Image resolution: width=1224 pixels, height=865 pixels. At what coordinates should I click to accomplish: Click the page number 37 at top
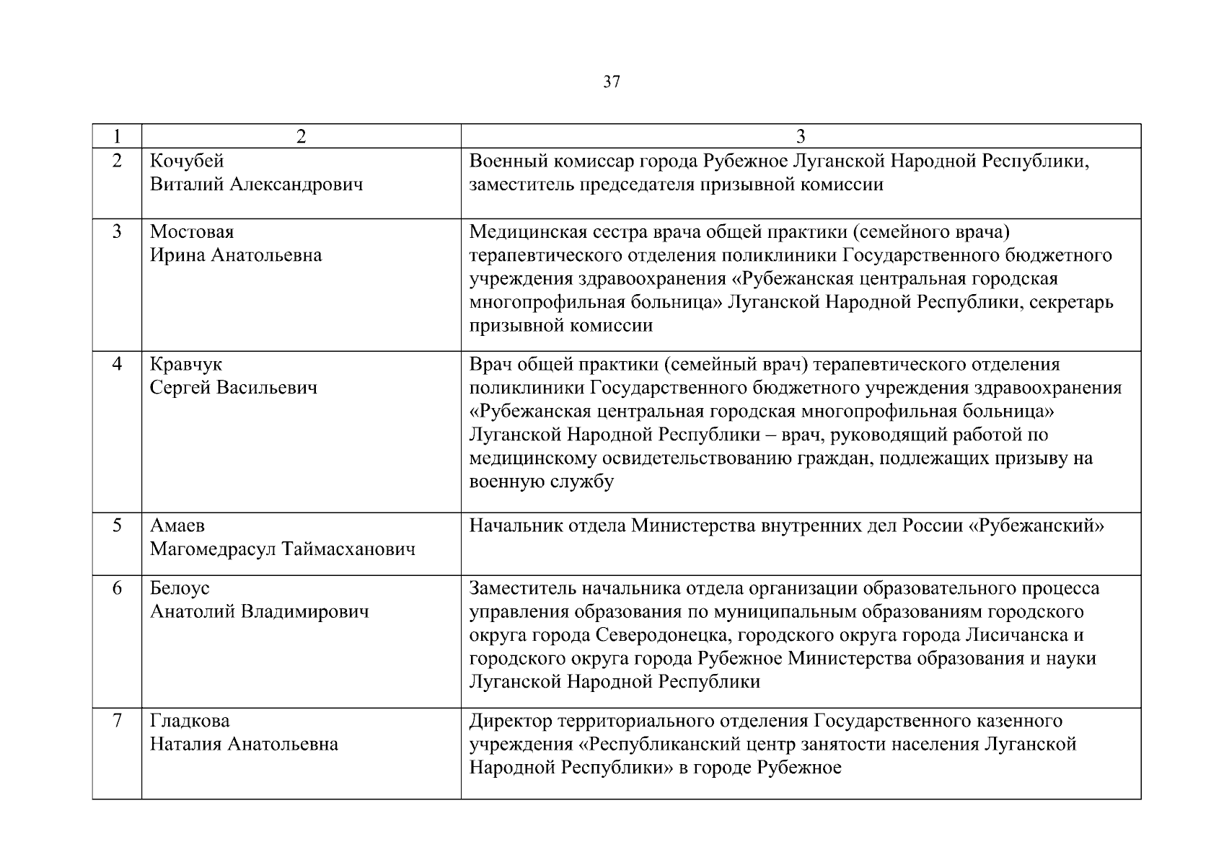611,82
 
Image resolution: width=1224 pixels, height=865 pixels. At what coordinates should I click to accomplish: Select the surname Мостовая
192,232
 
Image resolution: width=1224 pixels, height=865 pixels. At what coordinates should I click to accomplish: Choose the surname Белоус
180,588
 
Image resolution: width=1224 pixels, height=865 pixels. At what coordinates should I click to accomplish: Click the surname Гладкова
190,721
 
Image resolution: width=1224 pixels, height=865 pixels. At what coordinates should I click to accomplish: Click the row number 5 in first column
117,525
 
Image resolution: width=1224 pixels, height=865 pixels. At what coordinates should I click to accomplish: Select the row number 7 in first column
117,720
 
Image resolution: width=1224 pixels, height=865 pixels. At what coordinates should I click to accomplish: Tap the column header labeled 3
801,136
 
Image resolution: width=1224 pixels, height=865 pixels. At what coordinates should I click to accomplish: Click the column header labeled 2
301,136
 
